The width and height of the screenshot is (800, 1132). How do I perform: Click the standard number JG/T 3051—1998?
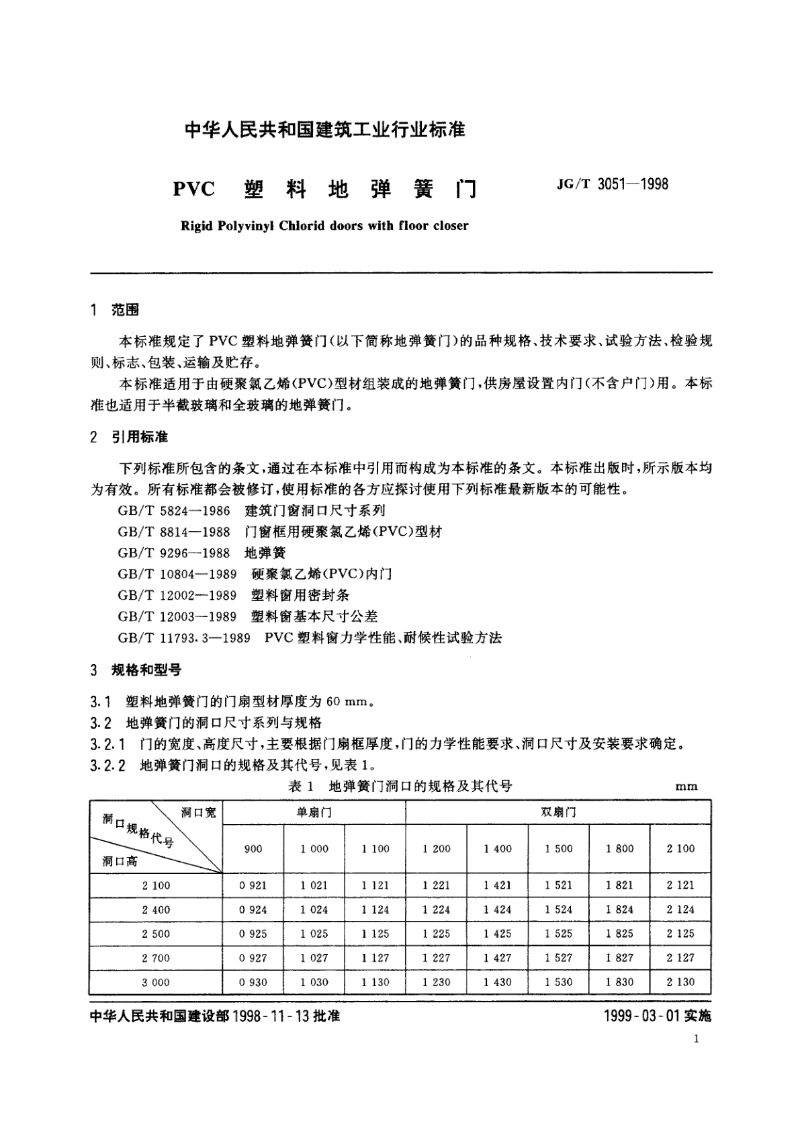(x=613, y=184)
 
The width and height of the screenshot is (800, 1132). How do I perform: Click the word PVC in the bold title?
(x=194, y=189)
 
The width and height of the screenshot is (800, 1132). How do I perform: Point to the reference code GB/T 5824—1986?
(x=174, y=511)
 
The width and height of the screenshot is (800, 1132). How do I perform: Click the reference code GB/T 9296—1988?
(x=174, y=553)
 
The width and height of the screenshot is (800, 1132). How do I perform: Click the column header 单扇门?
(x=314, y=812)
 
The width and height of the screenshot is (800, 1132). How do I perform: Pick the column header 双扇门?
(x=558, y=812)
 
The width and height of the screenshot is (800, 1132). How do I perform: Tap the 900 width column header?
(x=253, y=849)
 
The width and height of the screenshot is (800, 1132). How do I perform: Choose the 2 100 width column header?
(x=680, y=849)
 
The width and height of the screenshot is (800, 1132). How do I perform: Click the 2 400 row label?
(x=156, y=909)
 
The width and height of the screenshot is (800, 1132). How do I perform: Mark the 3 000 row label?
(x=156, y=982)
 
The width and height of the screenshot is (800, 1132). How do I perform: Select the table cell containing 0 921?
(x=253, y=885)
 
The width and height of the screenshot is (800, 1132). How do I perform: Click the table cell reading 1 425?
(x=497, y=934)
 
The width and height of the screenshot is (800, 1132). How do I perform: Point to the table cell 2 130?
(x=680, y=982)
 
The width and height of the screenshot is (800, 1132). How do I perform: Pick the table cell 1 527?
(x=558, y=958)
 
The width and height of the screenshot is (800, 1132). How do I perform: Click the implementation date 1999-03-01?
(x=641, y=1016)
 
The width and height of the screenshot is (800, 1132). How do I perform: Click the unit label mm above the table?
(x=686, y=786)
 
